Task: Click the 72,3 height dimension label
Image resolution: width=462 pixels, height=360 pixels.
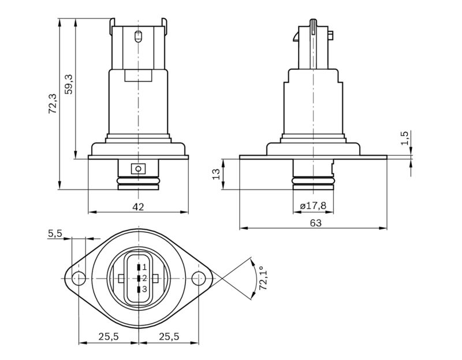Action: [x=53, y=104]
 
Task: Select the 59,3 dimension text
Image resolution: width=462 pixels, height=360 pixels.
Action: [x=69, y=85]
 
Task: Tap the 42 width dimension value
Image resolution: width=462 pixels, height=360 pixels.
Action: [x=138, y=207]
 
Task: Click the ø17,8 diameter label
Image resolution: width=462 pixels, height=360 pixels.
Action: [x=314, y=206]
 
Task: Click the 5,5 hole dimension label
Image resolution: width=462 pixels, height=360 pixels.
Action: [x=55, y=233]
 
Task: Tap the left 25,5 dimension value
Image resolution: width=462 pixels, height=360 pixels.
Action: [x=108, y=336]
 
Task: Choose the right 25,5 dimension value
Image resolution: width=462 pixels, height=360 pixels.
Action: [x=169, y=336]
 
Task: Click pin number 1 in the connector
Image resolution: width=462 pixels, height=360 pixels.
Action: [x=144, y=267]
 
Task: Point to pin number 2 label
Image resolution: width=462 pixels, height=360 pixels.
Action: [x=144, y=278]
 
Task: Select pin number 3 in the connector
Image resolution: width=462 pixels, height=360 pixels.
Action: [x=144, y=289]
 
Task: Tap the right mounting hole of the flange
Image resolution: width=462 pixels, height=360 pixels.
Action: [x=198, y=278]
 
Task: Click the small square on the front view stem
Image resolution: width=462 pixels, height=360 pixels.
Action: [x=138, y=169]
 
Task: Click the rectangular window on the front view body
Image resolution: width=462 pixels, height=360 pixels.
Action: [x=138, y=75]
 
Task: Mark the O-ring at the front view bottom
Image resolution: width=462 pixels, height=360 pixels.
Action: [x=138, y=183]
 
